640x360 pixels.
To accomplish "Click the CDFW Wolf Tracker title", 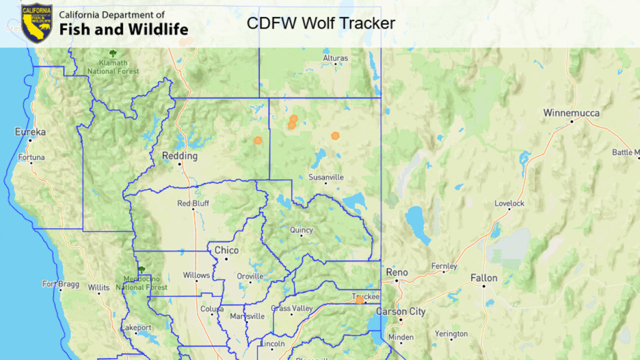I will click(321, 24).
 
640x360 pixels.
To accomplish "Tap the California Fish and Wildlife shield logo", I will click(37, 23).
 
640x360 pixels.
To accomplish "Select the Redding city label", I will click(179, 156).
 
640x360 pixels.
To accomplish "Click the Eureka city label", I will click(31, 132).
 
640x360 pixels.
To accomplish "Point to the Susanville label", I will click(326, 177).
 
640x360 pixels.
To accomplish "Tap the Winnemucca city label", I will click(571, 113).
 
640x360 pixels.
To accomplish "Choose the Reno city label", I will click(397, 272).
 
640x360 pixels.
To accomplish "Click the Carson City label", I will click(400, 311).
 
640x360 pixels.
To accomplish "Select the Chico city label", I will click(226, 250).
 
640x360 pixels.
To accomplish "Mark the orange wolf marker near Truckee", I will click(359, 300).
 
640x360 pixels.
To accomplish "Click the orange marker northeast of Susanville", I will click(336, 135).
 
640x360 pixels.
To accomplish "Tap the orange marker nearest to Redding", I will click(257, 141).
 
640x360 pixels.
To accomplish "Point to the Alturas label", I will click(335, 58).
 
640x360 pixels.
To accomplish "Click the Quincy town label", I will click(301, 230).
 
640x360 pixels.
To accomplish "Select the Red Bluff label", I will click(193, 203).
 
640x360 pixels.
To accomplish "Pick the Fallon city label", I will click(484, 278).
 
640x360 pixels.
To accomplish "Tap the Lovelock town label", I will click(509, 203).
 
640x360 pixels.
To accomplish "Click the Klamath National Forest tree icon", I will click(112, 53).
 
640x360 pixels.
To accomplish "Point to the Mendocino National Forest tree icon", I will click(142, 269).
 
